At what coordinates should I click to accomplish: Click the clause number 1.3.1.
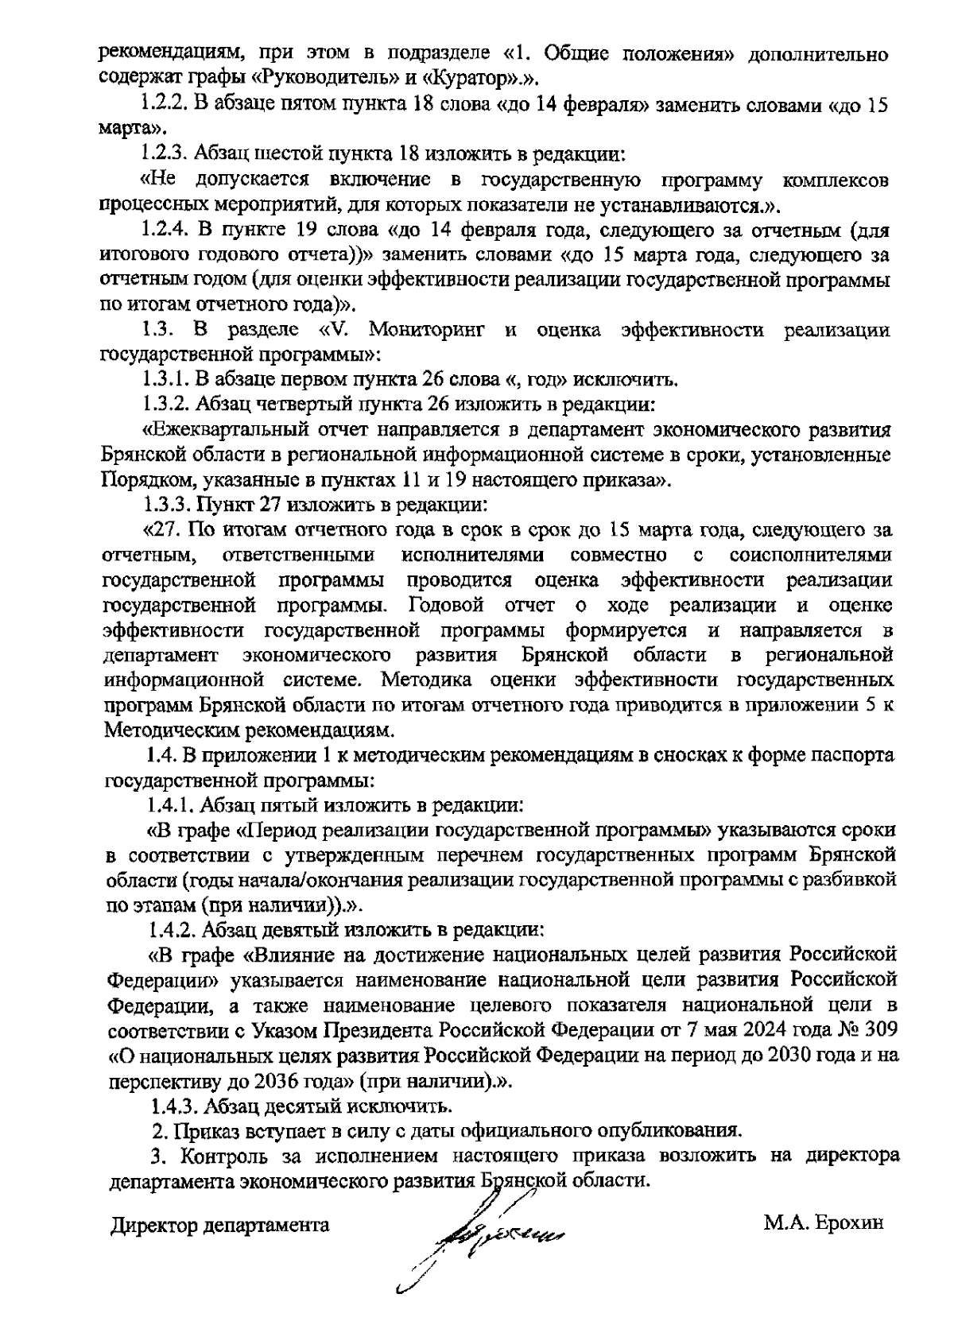(168, 378)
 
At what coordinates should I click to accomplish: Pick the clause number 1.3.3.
(168, 504)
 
